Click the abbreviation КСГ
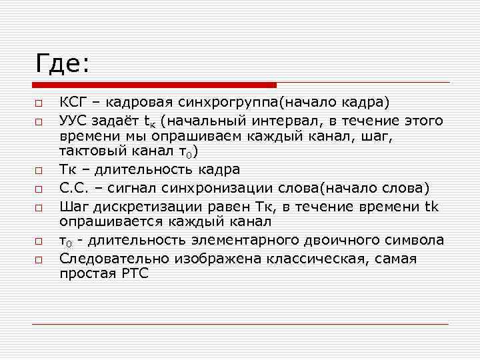click(72, 103)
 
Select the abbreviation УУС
click(73, 121)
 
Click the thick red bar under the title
click(154, 85)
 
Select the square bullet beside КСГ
click(40, 103)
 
